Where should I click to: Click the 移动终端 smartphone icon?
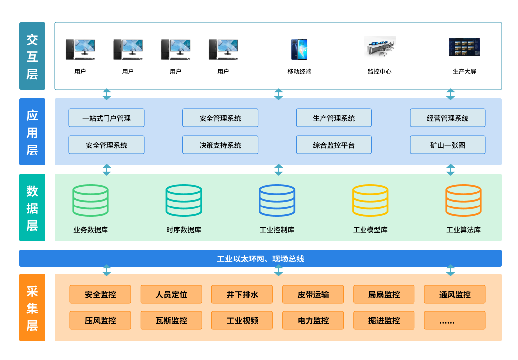[299, 50]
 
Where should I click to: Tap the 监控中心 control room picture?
[379, 47]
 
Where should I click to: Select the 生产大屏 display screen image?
[464, 47]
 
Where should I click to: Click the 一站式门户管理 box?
[106, 118]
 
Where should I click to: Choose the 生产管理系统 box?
[334, 118]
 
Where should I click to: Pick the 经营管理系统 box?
[447, 118]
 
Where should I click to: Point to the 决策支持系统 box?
[220, 145]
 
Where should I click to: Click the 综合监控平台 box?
[334, 145]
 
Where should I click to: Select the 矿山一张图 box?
[447, 145]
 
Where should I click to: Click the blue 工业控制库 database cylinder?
[277, 201]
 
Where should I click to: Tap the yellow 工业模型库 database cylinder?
[370, 201]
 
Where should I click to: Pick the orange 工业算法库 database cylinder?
[463, 201]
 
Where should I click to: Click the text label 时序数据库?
[184, 230]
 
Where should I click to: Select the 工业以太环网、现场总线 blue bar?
[260, 258]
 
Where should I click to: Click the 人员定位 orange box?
[171, 294]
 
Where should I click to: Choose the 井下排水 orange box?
[242, 294]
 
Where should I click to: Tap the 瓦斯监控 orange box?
[171, 320]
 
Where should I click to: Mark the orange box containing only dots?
[455, 320]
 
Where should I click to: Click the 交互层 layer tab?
[32, 56]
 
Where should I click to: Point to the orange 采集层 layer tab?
[32, 308]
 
